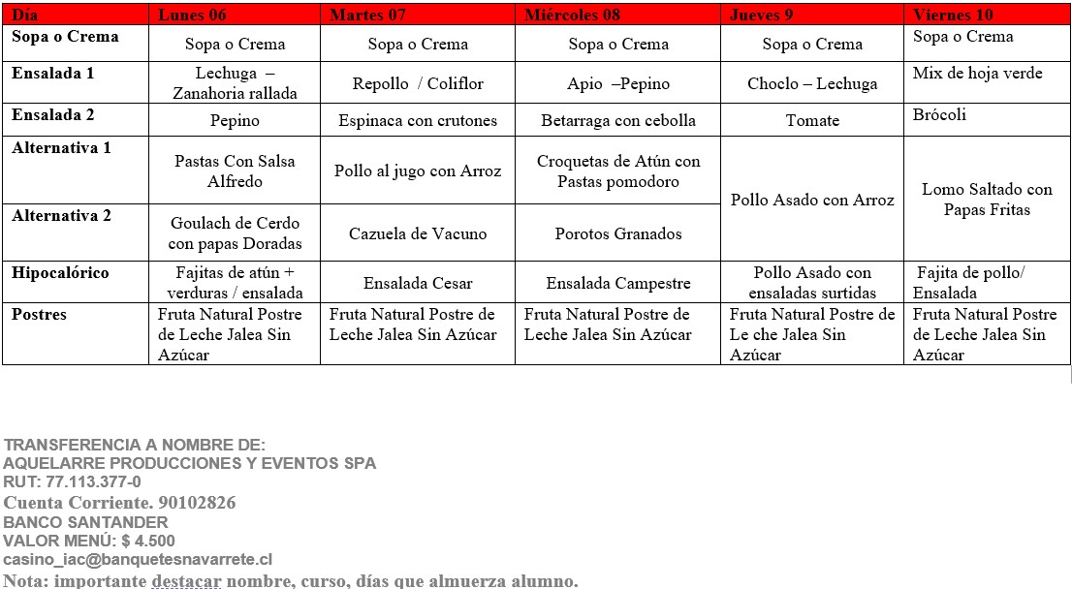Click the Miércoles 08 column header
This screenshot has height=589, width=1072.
point(571,15)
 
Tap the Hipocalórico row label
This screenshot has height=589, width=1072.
point(60,273)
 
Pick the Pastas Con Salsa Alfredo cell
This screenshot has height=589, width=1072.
point(235,171)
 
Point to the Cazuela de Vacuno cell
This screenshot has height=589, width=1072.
point(418,233)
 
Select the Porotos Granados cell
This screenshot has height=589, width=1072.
point(618,233)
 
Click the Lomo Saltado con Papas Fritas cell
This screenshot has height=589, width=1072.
point(987,200)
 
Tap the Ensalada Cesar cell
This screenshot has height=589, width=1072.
point(418,284)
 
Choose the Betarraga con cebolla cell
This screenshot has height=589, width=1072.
point(618,121)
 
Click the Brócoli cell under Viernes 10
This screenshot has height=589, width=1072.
point(939,115)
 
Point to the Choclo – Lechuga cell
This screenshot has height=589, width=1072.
point(812,84)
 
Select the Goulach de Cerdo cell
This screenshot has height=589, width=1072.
point(235,233)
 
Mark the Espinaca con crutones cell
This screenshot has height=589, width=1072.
point(418,121)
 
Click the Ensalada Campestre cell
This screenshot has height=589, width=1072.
point(618,284)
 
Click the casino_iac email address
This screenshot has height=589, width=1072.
point(138,560)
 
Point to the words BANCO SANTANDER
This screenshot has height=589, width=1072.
point(85,522)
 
